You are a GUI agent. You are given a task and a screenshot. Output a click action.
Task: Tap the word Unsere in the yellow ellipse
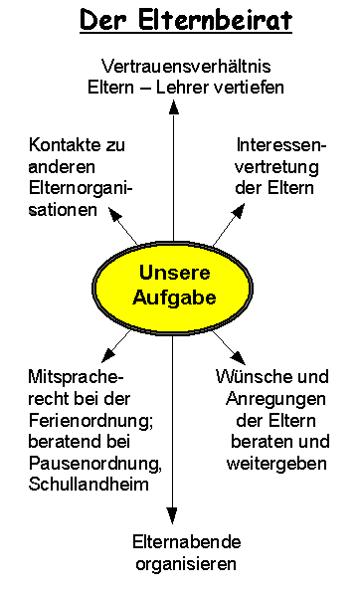[173, 271]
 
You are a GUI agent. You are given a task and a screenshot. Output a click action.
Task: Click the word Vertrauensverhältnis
[187, 66]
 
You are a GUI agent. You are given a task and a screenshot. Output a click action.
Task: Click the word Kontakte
[64, 145]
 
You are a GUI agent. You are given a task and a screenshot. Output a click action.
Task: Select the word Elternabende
[187, 543]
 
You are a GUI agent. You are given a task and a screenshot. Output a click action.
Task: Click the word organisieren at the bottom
[186, 564]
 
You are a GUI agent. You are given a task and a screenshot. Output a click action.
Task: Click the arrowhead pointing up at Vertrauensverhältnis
[173, 106]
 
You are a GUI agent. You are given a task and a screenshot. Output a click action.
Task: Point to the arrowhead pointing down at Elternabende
[173, 514]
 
